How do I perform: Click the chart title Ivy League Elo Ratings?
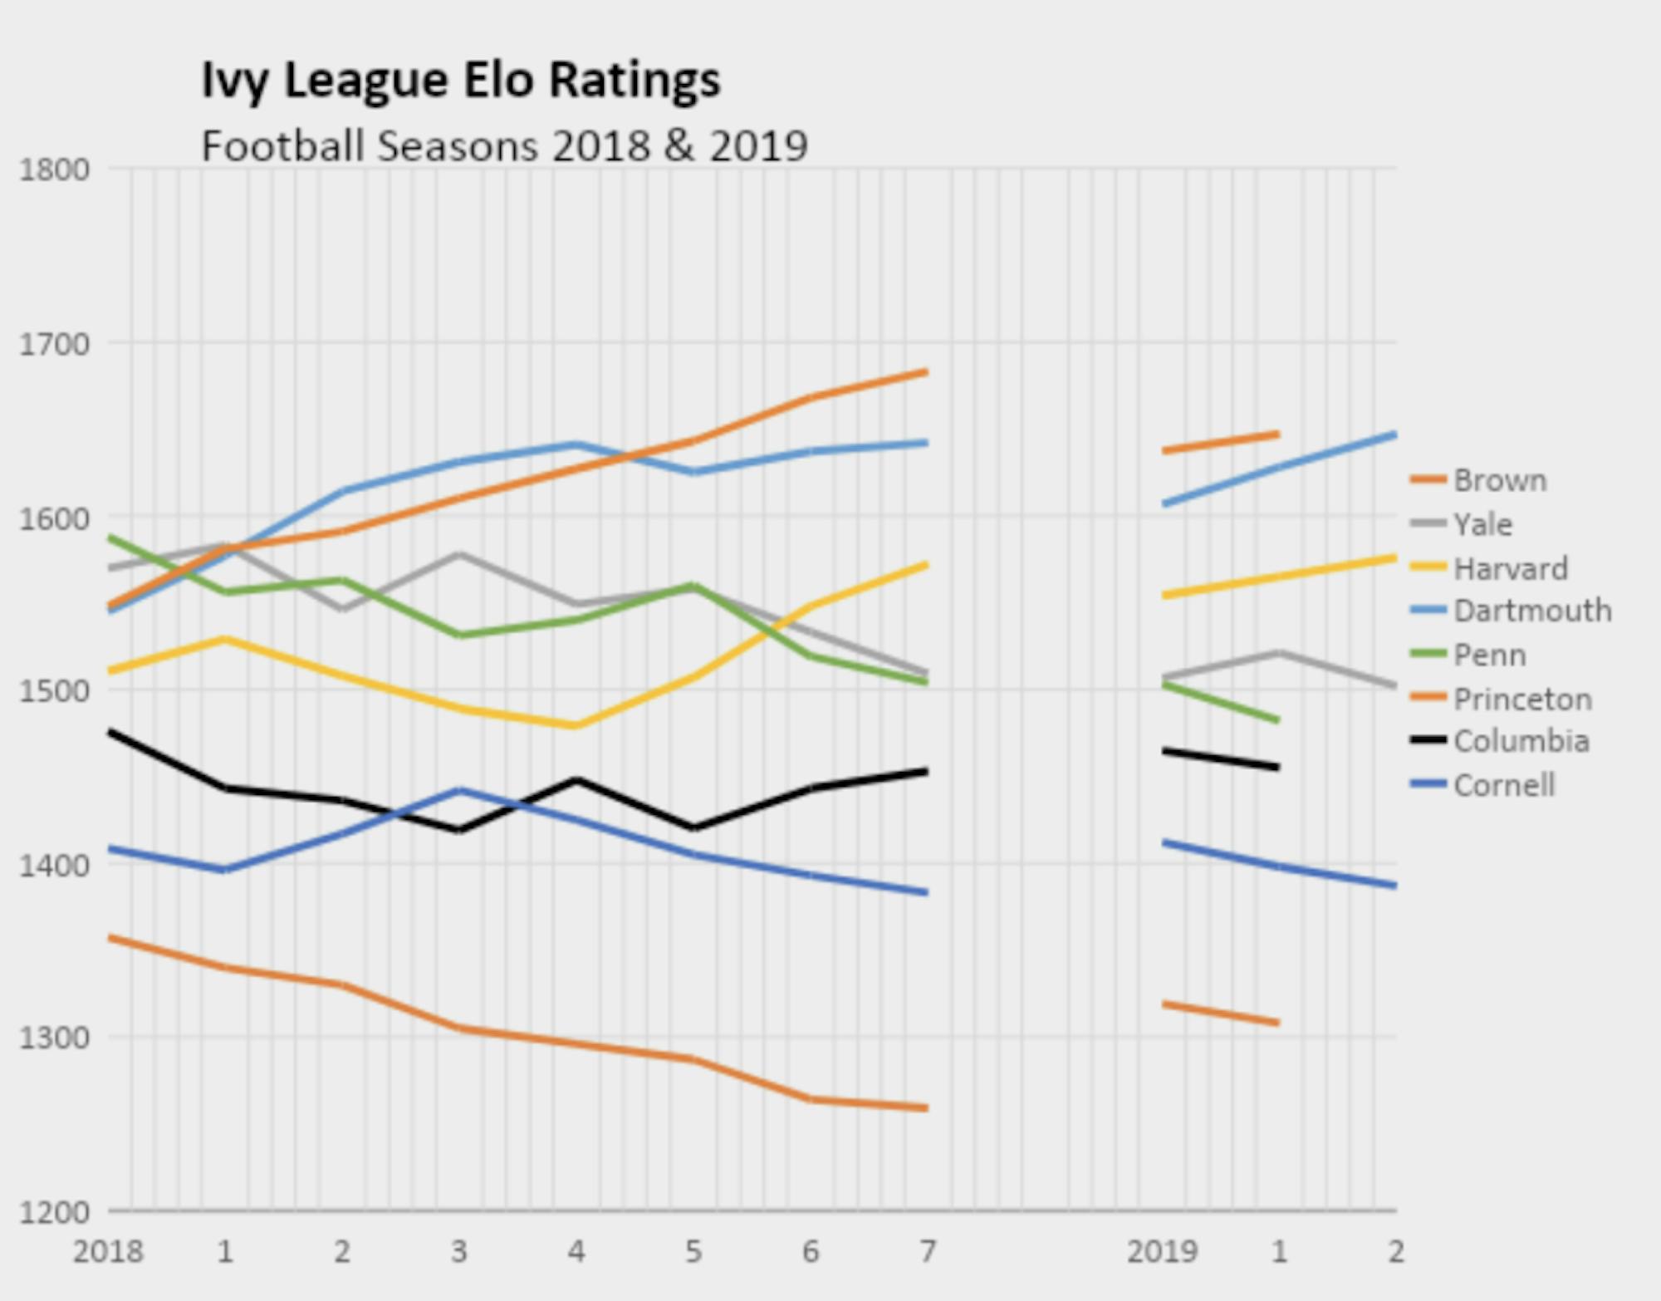point(461,81)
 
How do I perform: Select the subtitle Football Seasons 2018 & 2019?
point(504,147)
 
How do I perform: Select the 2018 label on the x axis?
point(108,1251)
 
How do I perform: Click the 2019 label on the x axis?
point(1162,1251)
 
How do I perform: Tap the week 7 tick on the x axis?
point(928,1251)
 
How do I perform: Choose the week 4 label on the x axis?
point(576,1251)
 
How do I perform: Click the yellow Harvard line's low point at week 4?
point(576,725)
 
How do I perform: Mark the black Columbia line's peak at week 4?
point(576,780)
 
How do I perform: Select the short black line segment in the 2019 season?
point(1220,759)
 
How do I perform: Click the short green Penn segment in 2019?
point(1220,702)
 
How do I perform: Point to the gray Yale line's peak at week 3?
point(460,554)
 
